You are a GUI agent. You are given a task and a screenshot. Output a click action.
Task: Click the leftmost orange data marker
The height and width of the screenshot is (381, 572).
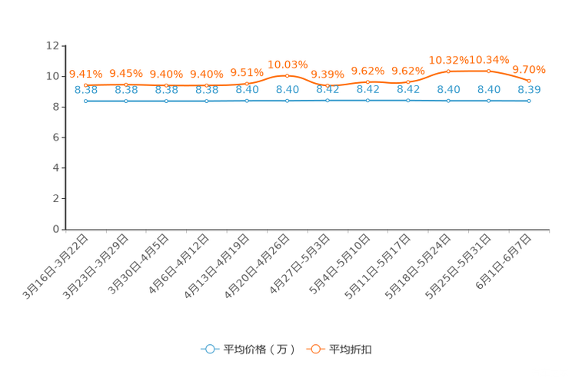pos(86,84)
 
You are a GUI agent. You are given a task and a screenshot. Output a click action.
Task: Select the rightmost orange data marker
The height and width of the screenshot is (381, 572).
pos(529,81)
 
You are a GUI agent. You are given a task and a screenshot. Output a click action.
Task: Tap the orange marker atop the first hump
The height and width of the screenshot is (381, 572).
pos(287,75)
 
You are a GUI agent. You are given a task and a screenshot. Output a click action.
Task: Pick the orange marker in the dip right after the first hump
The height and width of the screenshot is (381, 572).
pos(328,84)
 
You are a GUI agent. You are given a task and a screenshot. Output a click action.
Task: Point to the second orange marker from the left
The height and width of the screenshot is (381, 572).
pos(126,84)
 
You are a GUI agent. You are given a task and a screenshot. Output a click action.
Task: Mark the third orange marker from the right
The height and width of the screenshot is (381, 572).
pos(448,71)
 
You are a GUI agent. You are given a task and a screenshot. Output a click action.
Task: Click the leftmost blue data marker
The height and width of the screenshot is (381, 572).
pos(86,101)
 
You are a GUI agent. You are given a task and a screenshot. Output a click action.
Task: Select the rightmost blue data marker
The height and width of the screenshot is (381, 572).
pos(529,101)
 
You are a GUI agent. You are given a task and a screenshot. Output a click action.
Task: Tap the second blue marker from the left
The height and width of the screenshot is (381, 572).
pos(126,101)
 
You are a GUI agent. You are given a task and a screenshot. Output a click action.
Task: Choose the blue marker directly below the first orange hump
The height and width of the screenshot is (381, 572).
pos(287,101)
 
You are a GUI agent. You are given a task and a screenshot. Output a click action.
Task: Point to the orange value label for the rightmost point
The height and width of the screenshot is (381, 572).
pos(529,68)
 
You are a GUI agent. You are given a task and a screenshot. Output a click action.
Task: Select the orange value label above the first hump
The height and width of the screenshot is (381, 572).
pos(288,63)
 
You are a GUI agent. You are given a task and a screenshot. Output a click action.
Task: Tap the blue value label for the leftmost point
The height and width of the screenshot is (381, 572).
pos(86,90)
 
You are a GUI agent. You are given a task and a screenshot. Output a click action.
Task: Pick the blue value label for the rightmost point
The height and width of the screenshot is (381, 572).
pos(529,90)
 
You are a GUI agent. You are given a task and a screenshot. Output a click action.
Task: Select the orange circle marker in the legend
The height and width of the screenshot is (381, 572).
pos(315,349)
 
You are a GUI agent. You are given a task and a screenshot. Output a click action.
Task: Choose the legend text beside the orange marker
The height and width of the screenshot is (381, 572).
pos(351,350)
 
